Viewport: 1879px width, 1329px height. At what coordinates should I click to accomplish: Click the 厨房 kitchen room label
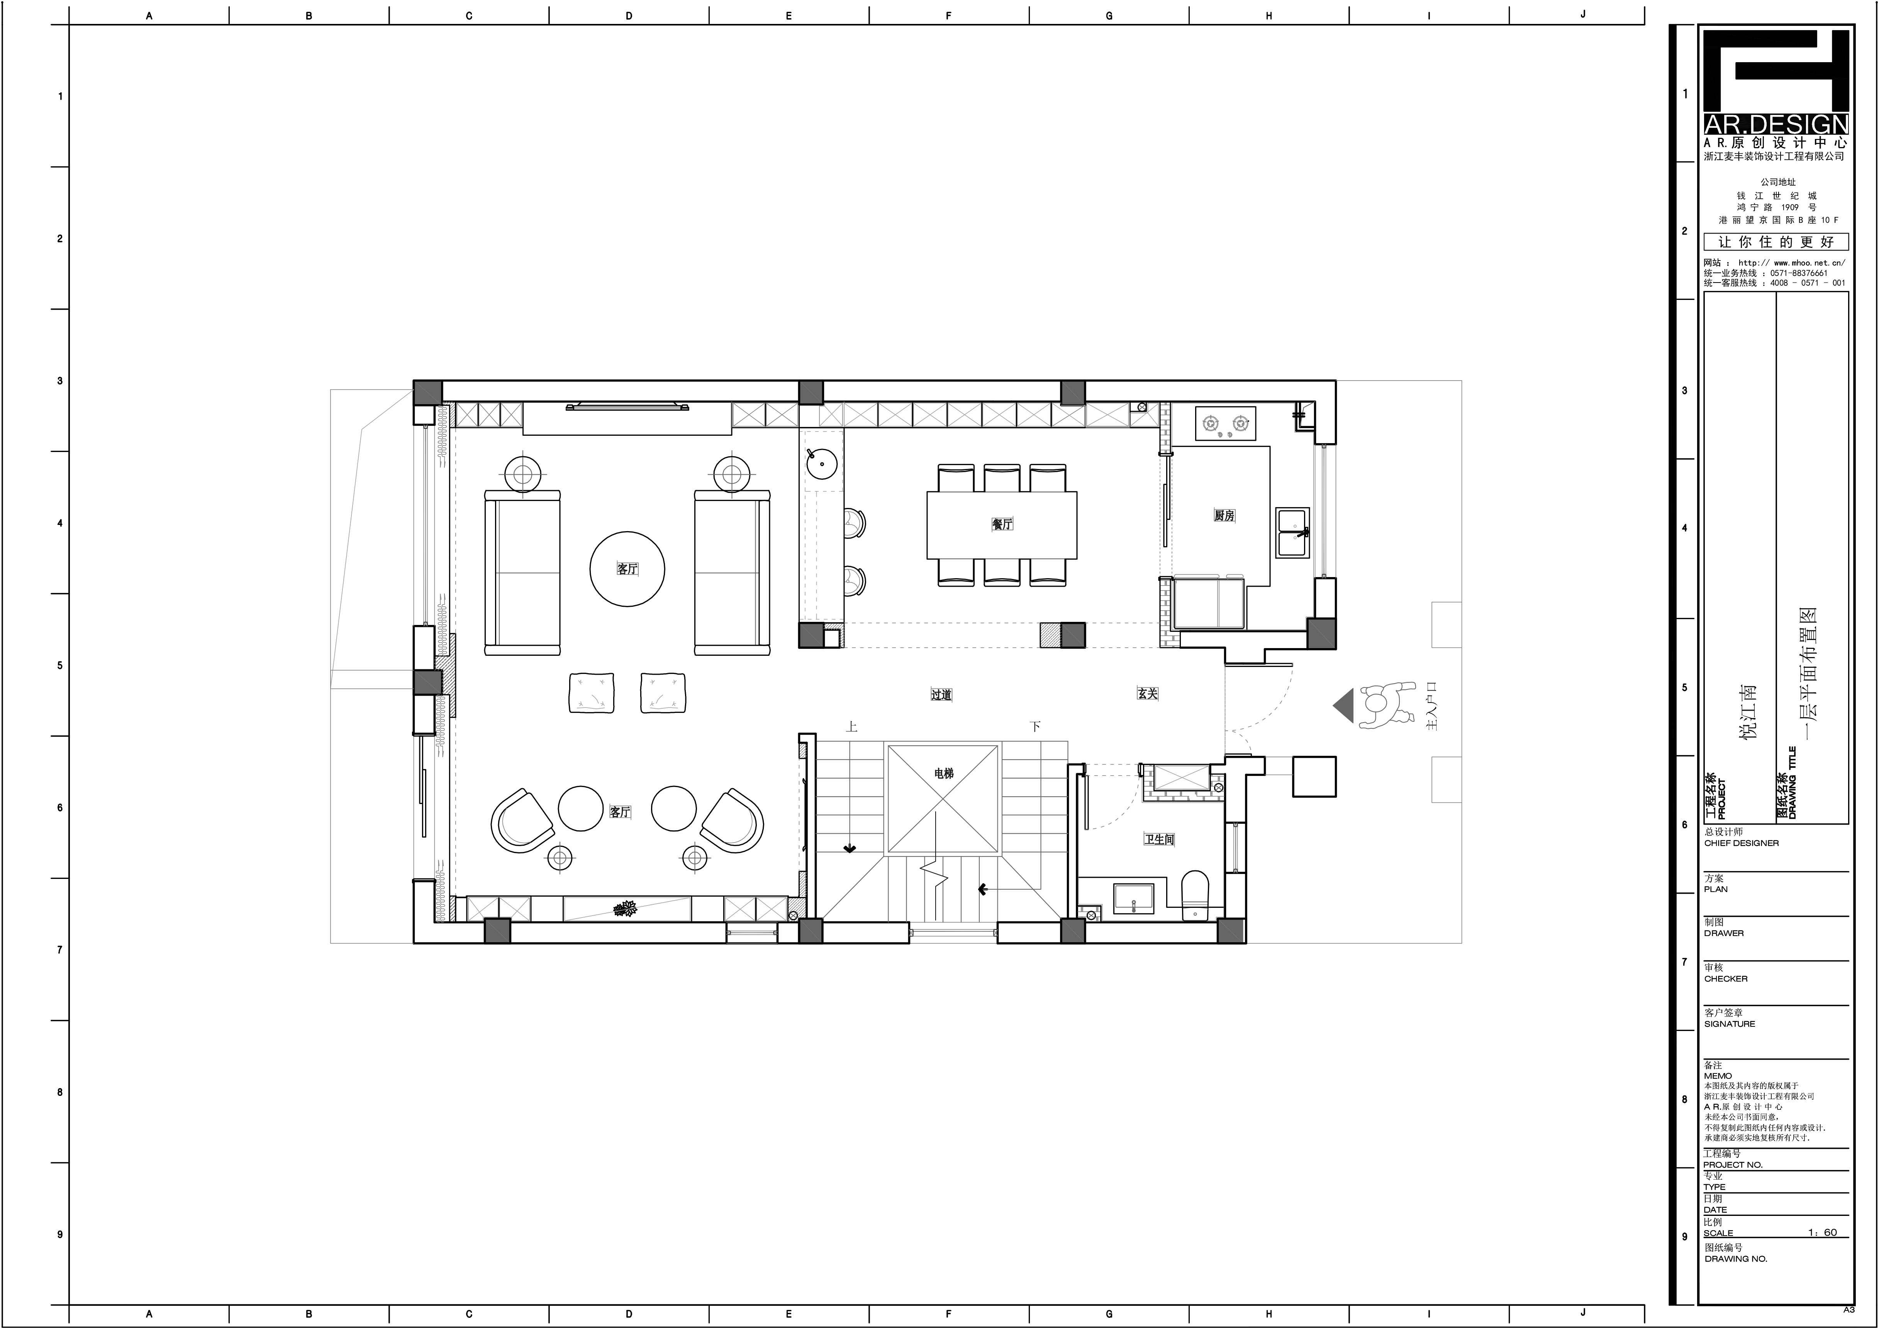click(1224, 516)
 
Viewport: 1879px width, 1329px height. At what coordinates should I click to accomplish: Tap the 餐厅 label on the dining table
click(1002, 524)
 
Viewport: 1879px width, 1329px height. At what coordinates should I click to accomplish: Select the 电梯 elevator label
click(944, 773)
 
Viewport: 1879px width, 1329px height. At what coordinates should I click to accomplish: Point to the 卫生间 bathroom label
click(1159, 840)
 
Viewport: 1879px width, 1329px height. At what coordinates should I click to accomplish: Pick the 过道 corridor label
click(941, 695)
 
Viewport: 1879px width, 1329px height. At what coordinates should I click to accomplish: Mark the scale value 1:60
click(1823, 1232)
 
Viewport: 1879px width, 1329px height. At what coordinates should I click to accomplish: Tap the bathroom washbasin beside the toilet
click(1134, 898)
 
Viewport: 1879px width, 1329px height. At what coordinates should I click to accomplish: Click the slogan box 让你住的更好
click(1776, 242)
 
